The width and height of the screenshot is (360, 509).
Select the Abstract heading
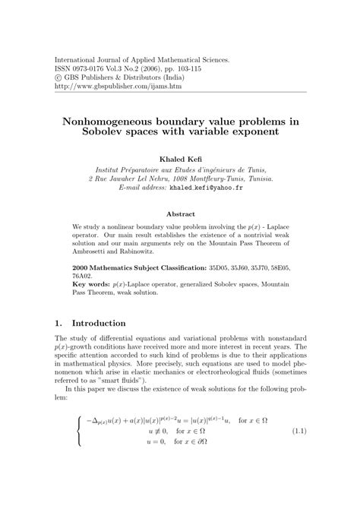[x=180, y=213]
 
